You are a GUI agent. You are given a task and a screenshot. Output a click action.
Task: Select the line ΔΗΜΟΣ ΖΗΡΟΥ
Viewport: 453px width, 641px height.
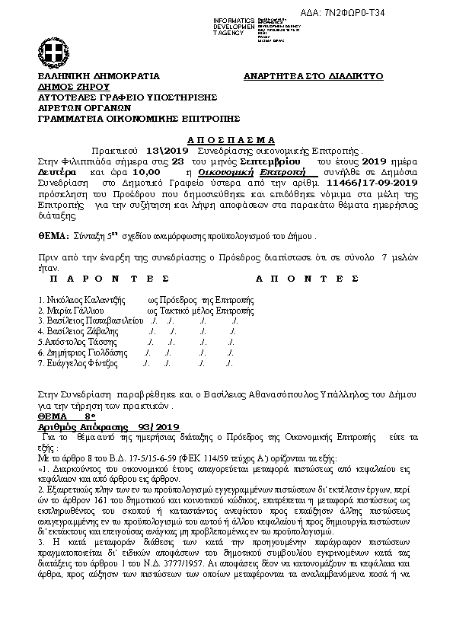(x=69, y=88)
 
